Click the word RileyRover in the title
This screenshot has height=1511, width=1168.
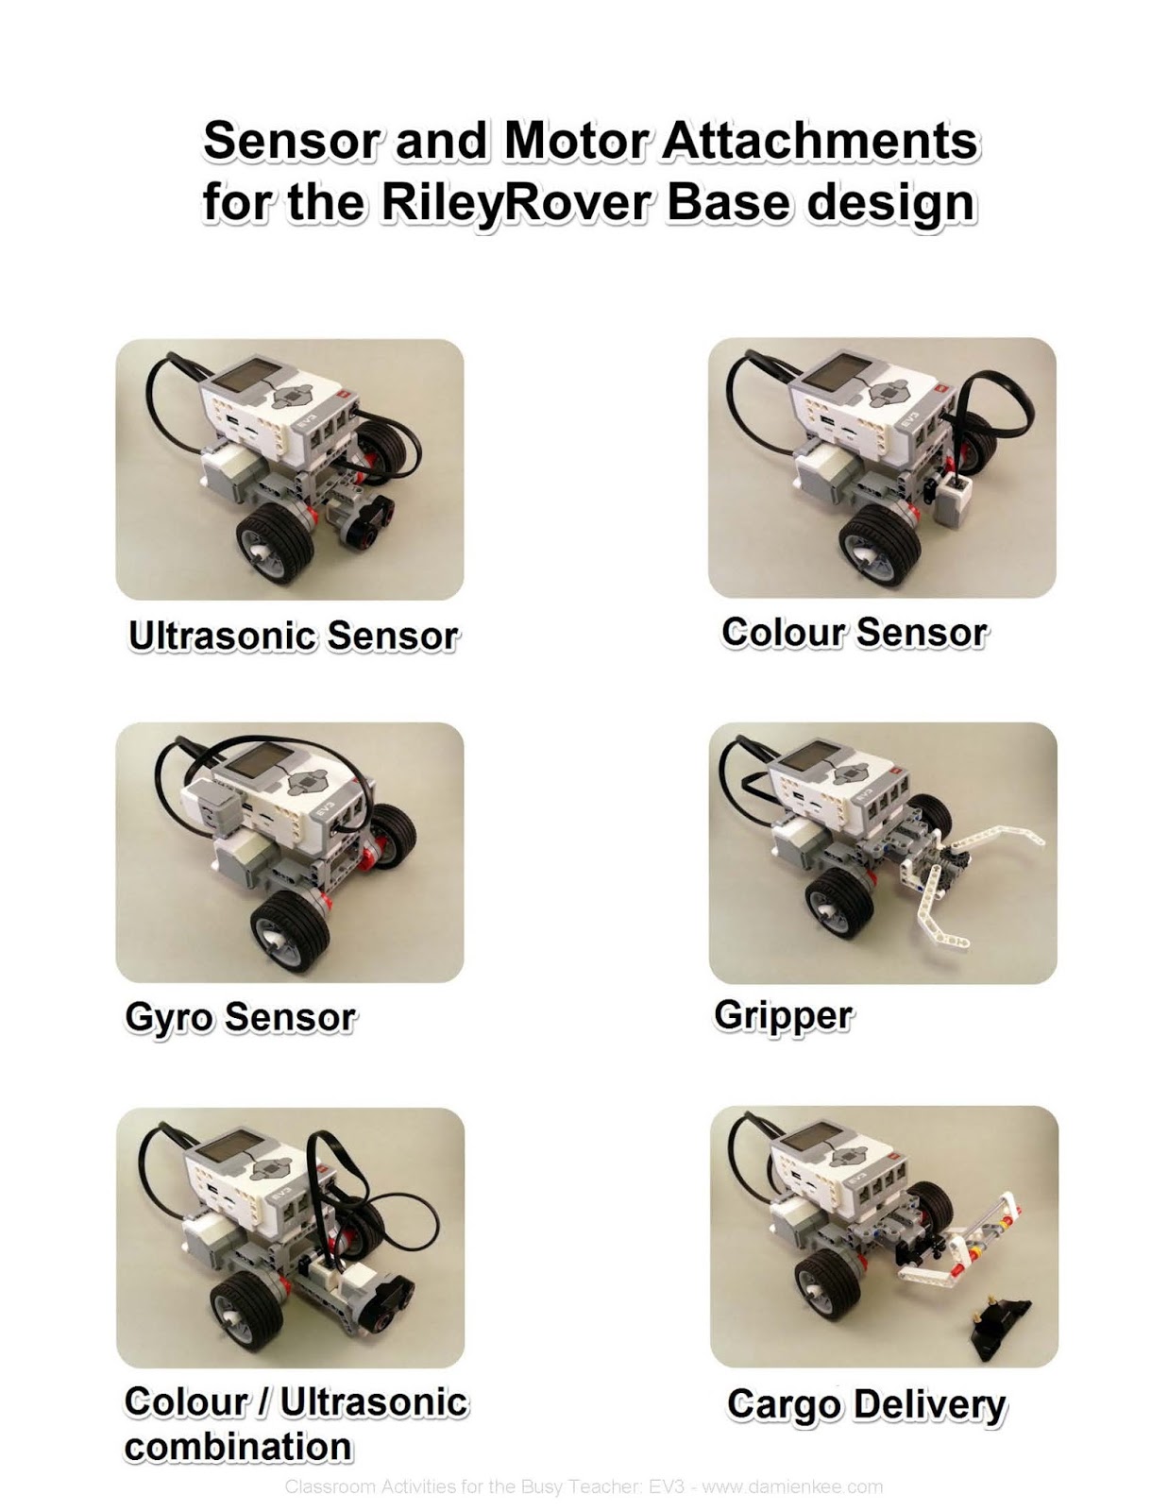514,202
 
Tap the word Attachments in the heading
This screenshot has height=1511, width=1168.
820,141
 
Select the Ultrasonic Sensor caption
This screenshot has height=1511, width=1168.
293,636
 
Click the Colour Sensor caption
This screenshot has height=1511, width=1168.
854,632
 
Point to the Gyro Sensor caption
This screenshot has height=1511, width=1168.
240,1017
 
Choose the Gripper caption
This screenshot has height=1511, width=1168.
783,1015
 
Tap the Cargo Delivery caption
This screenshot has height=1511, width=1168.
866,1404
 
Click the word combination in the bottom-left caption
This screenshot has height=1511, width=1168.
238,1447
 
